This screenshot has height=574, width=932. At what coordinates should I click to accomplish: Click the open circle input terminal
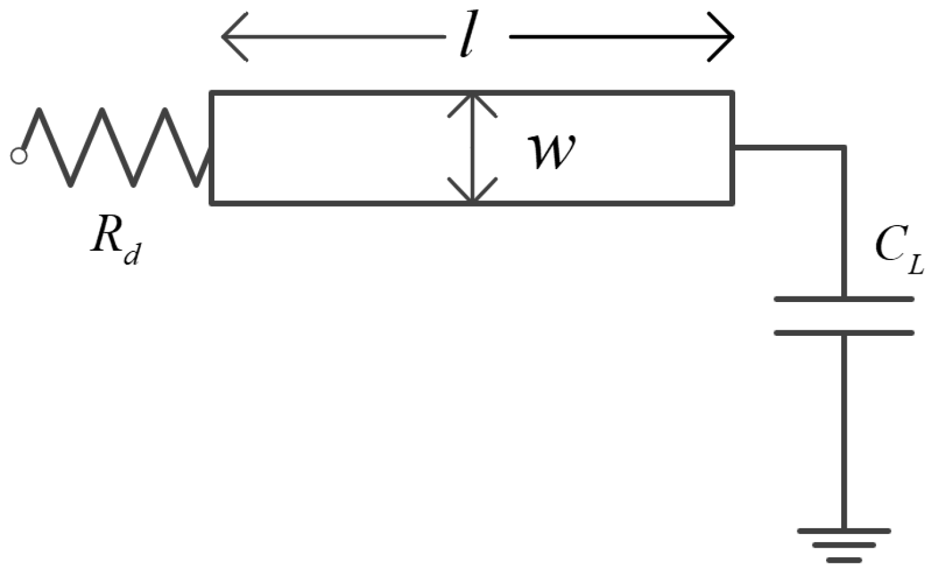click(19, 156)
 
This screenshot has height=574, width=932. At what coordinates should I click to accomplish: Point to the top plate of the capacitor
click(844, 299)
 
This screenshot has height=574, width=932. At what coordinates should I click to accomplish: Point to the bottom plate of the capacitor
click(844, 333)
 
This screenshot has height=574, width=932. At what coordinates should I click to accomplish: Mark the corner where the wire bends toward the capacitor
click(844, 148)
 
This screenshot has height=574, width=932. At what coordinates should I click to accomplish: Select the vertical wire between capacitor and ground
click(844, 432)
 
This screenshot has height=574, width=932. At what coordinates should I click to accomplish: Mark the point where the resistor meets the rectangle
click(210, 164)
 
